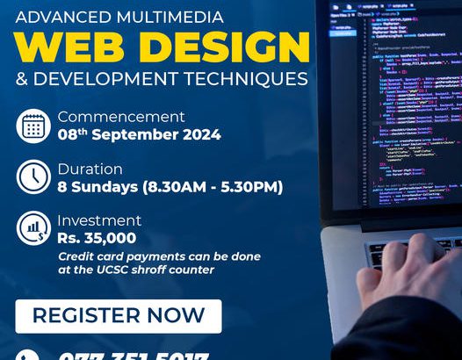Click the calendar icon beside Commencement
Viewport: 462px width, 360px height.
click(x=33, y=126)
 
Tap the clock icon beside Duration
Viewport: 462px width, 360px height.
click(x=33, y=177)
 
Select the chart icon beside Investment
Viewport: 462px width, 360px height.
click(x=33, y=229)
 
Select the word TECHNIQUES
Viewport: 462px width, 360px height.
click(x=245, y=79)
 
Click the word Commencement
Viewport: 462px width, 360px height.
click(x=121, y=117)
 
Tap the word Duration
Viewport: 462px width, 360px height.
click(x=90, y=169)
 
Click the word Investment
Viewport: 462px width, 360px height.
click(x=99, y=220)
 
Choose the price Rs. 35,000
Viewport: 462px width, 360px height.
click(x=97, y=237)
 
